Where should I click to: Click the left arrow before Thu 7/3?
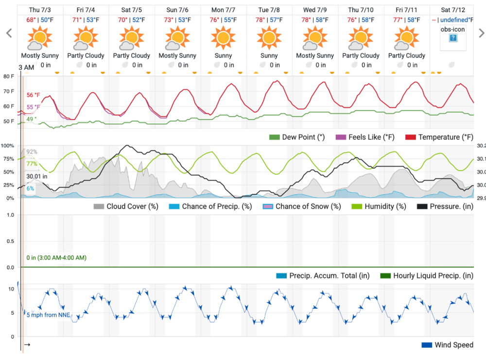[8, 33]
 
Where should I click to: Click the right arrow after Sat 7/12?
[481, 33]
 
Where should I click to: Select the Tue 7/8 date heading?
[269, 10]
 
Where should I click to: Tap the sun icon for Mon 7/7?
[223, 38]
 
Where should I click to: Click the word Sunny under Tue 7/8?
[269, 55]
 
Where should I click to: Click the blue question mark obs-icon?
[452, 38]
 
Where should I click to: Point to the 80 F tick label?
[9, 76]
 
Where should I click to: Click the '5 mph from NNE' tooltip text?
[49, 315]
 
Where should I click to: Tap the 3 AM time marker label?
[27, 67]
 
